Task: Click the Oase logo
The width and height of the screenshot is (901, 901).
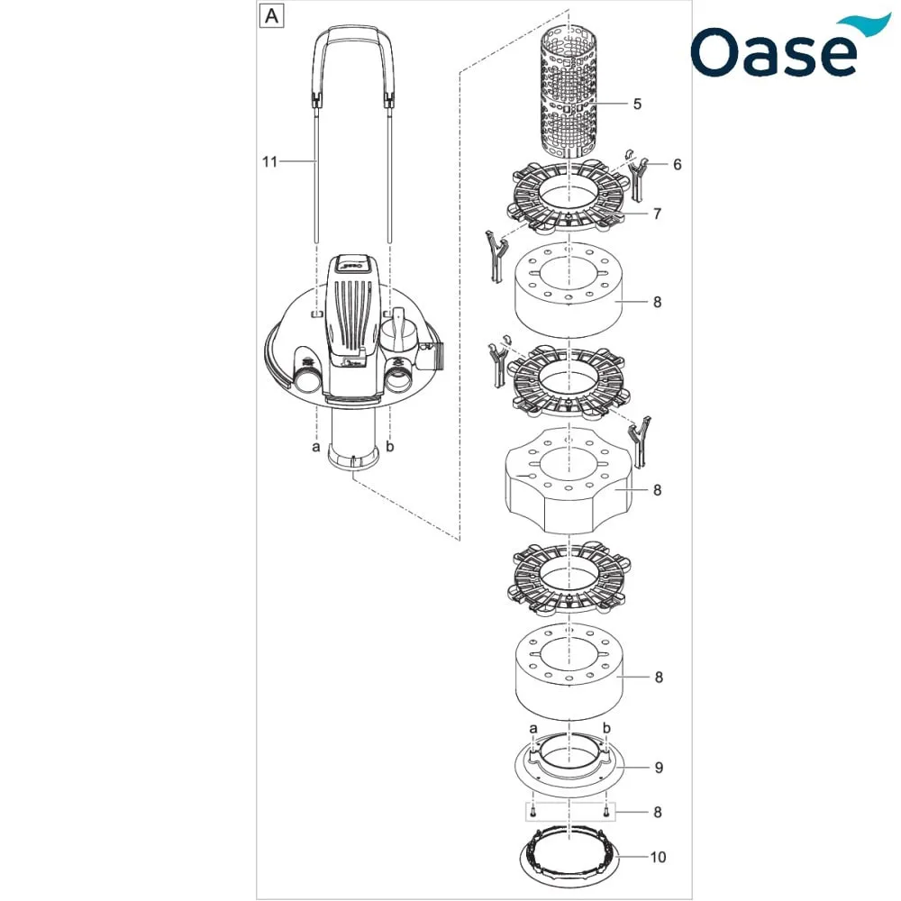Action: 790,46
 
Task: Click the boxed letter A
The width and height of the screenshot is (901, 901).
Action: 271,16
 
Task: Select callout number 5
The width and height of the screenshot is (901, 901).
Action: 637,104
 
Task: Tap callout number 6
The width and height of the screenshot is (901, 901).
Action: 677,165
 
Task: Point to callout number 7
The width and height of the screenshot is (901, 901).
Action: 658,214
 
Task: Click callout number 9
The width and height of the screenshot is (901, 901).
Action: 659,768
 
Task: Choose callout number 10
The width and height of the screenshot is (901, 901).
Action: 658,858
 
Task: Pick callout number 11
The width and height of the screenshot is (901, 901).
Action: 269,162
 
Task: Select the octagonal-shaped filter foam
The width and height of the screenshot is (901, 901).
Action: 569,480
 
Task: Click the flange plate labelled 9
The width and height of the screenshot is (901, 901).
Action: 569,765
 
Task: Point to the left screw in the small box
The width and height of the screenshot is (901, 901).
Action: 533,811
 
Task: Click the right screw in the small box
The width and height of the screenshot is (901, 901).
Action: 605,811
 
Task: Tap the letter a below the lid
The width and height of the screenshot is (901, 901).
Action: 315,447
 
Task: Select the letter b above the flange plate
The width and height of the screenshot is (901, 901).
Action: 606,729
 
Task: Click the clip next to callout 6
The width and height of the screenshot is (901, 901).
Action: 638,176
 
